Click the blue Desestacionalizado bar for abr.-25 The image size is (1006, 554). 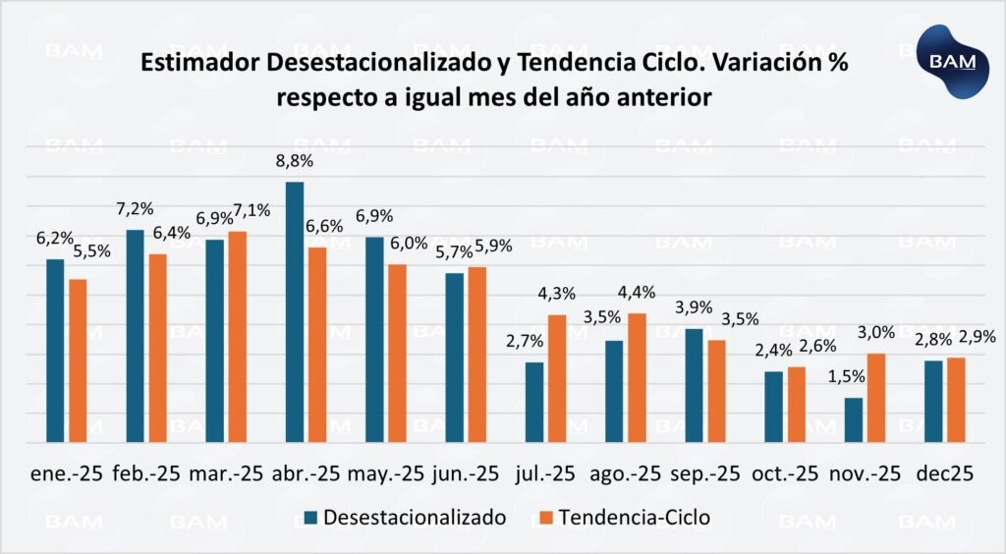(x=294, y=312)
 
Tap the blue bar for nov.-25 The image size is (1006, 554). (x=853, y=419)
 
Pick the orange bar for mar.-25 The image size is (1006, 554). (x=237, y=337)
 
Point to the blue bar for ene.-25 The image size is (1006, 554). (x=55, y=351)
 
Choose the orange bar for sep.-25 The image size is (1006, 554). (x=717, y=391)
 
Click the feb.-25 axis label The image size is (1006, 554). (x=146, y=473)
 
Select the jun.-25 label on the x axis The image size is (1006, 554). (x=465, y=473)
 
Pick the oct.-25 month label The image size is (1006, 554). (x=784, y=473)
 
